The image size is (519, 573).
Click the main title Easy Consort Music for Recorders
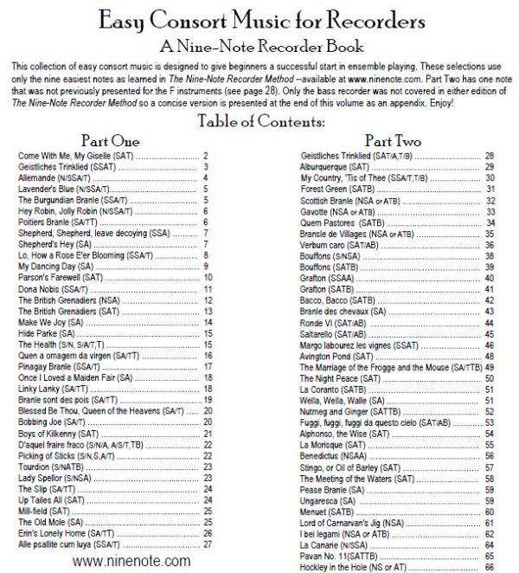[x=259, y=18]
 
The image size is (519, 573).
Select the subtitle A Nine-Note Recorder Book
[x=259, y=45]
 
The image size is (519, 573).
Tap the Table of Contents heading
[x=259, y=120]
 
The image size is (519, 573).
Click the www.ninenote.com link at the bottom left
[x=130, y=561]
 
